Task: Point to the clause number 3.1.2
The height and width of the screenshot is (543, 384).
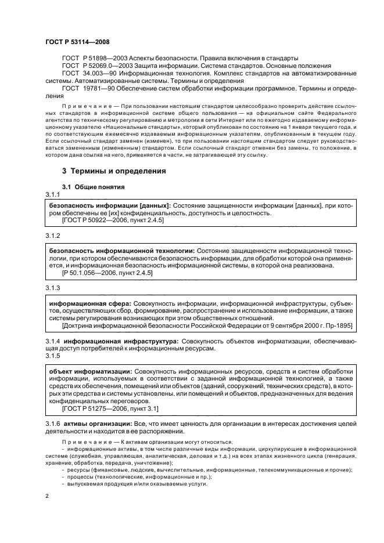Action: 53,236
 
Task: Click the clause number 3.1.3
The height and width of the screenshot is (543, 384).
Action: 53,288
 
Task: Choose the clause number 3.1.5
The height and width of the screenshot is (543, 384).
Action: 53,356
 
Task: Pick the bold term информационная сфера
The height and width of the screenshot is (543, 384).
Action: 89,303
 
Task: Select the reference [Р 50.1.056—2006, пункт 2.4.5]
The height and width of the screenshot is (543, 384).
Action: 107,273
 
